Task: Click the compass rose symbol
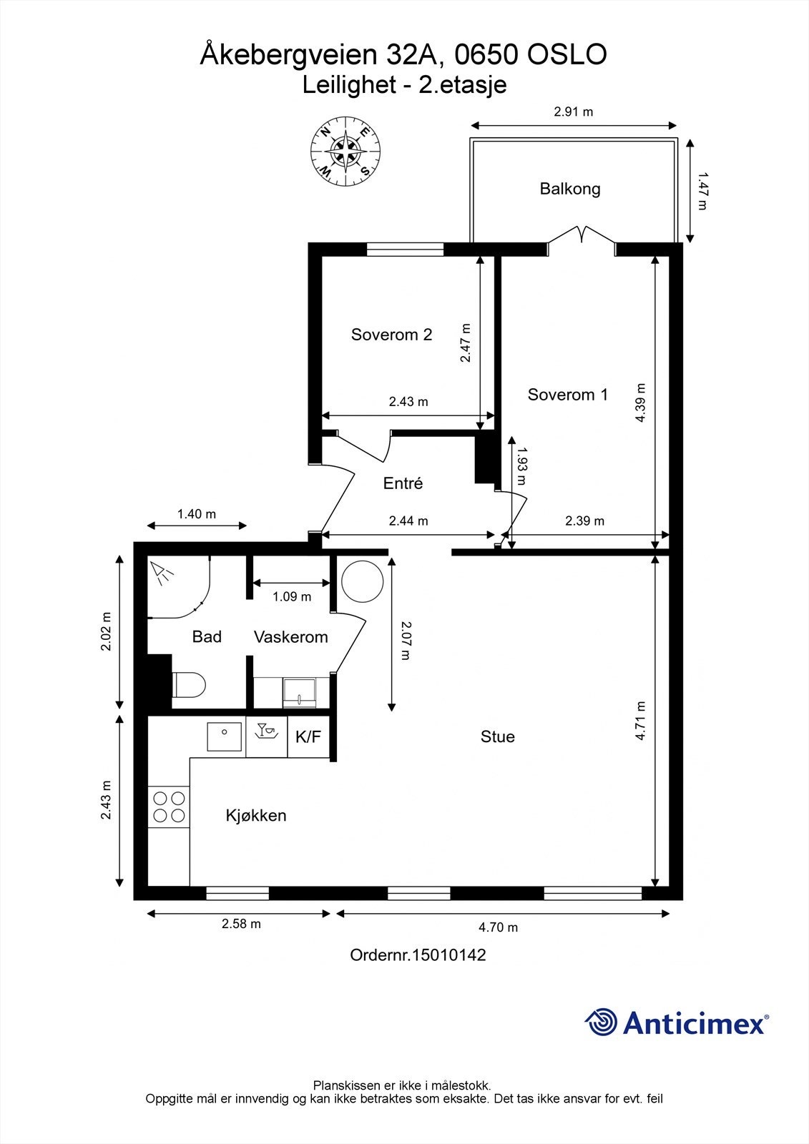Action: [x=346, y=151]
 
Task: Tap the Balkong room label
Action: [x=570, y=189]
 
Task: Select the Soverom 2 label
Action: [x=391, y=335]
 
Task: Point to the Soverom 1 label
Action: [x=568, y=394]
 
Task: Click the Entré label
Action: [x=403, y=483]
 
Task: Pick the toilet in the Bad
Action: [x=189, y=684]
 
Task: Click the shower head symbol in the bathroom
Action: [x=162, y=573]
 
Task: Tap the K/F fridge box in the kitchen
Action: [x=308, y=736]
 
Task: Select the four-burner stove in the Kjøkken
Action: [x=169, y=807]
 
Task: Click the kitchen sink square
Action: [x=225, y=737]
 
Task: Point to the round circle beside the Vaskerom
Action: [x=363, y=581]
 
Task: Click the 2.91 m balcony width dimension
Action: [x=574, y=112]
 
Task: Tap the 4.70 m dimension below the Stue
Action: [x=499, y=927]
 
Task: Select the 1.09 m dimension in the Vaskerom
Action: [x=292, y=596]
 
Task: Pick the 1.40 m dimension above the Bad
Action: [x=197, y=514]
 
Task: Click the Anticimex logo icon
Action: [x=601, y=1021]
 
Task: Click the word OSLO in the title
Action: [x=567, y=54]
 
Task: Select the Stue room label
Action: [x=497, y=736]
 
